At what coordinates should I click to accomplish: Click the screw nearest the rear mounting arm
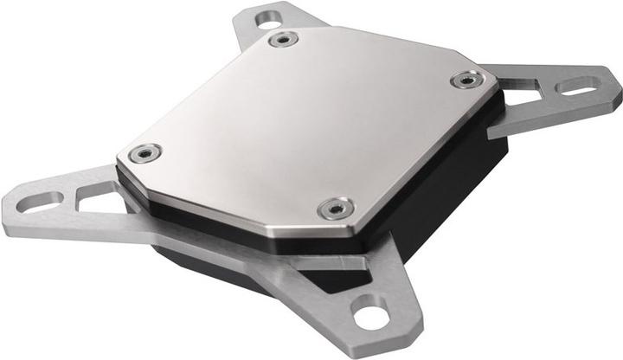click(282, 40)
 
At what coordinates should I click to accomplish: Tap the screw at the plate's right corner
click(466, 80)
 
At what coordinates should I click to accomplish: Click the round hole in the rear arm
click(270, 16)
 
